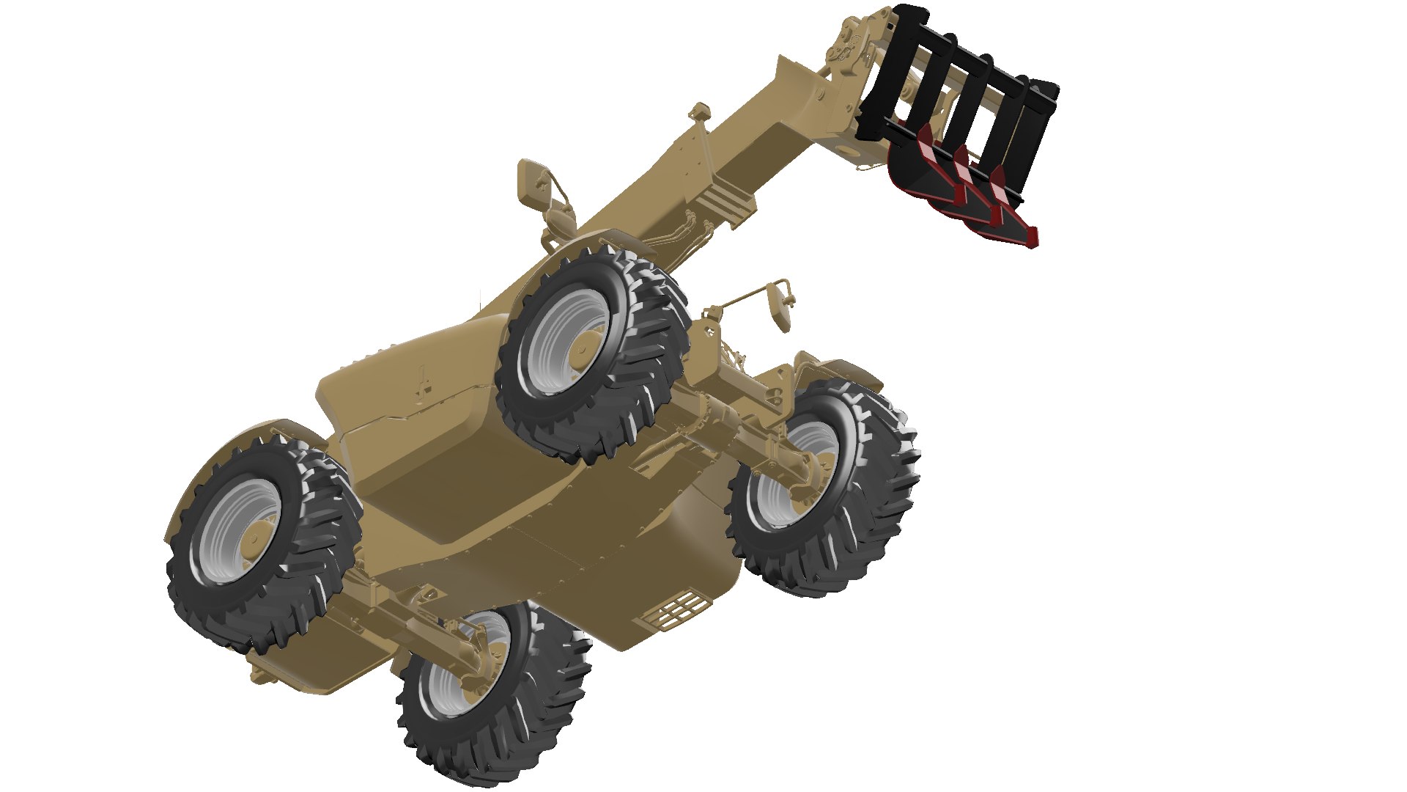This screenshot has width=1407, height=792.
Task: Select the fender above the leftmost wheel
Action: pyautogui.click(x=242, y=440)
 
